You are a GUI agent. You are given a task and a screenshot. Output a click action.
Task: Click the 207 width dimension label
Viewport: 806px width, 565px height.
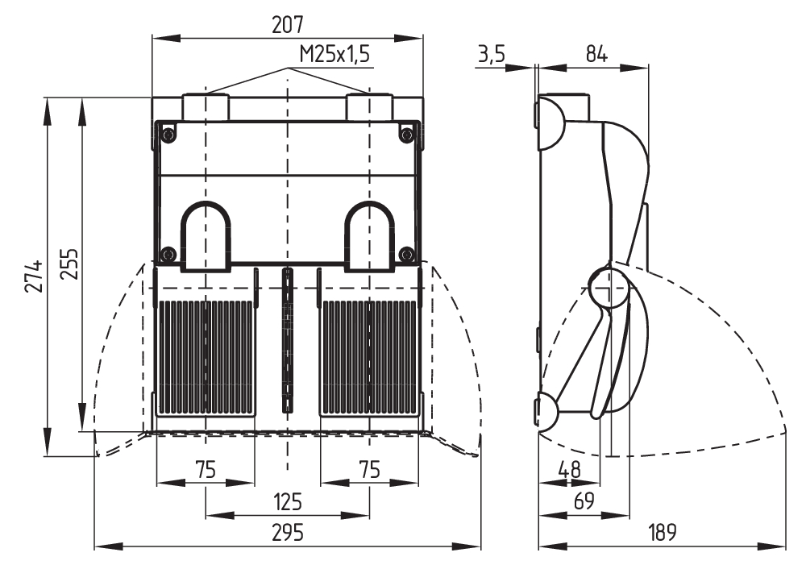click(288, 24)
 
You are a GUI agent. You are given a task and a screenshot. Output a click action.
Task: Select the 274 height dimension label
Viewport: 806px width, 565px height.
click(32, 277)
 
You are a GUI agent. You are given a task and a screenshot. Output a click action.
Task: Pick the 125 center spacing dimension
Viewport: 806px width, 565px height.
click(287, 503)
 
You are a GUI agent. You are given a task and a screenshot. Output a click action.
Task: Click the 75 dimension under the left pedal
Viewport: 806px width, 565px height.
click(206, 470)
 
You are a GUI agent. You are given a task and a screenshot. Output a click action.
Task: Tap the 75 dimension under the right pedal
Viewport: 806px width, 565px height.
click(369, 470)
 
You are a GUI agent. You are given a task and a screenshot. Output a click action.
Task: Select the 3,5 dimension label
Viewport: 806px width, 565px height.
click(492, 54)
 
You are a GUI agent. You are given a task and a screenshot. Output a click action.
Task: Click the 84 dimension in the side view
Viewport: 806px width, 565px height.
click(596, 54)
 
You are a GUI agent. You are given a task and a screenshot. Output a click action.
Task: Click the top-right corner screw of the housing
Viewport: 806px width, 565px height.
click(407, 134)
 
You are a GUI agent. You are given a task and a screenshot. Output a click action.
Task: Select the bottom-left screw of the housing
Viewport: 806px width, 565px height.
click(168, 255)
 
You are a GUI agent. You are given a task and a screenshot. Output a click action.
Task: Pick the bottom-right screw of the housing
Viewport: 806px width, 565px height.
click(407, 255)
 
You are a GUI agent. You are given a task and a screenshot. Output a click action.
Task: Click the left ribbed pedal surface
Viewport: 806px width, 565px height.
click(206, 355)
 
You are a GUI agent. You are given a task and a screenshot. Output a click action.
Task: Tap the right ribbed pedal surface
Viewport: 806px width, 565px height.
click(369, 355)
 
